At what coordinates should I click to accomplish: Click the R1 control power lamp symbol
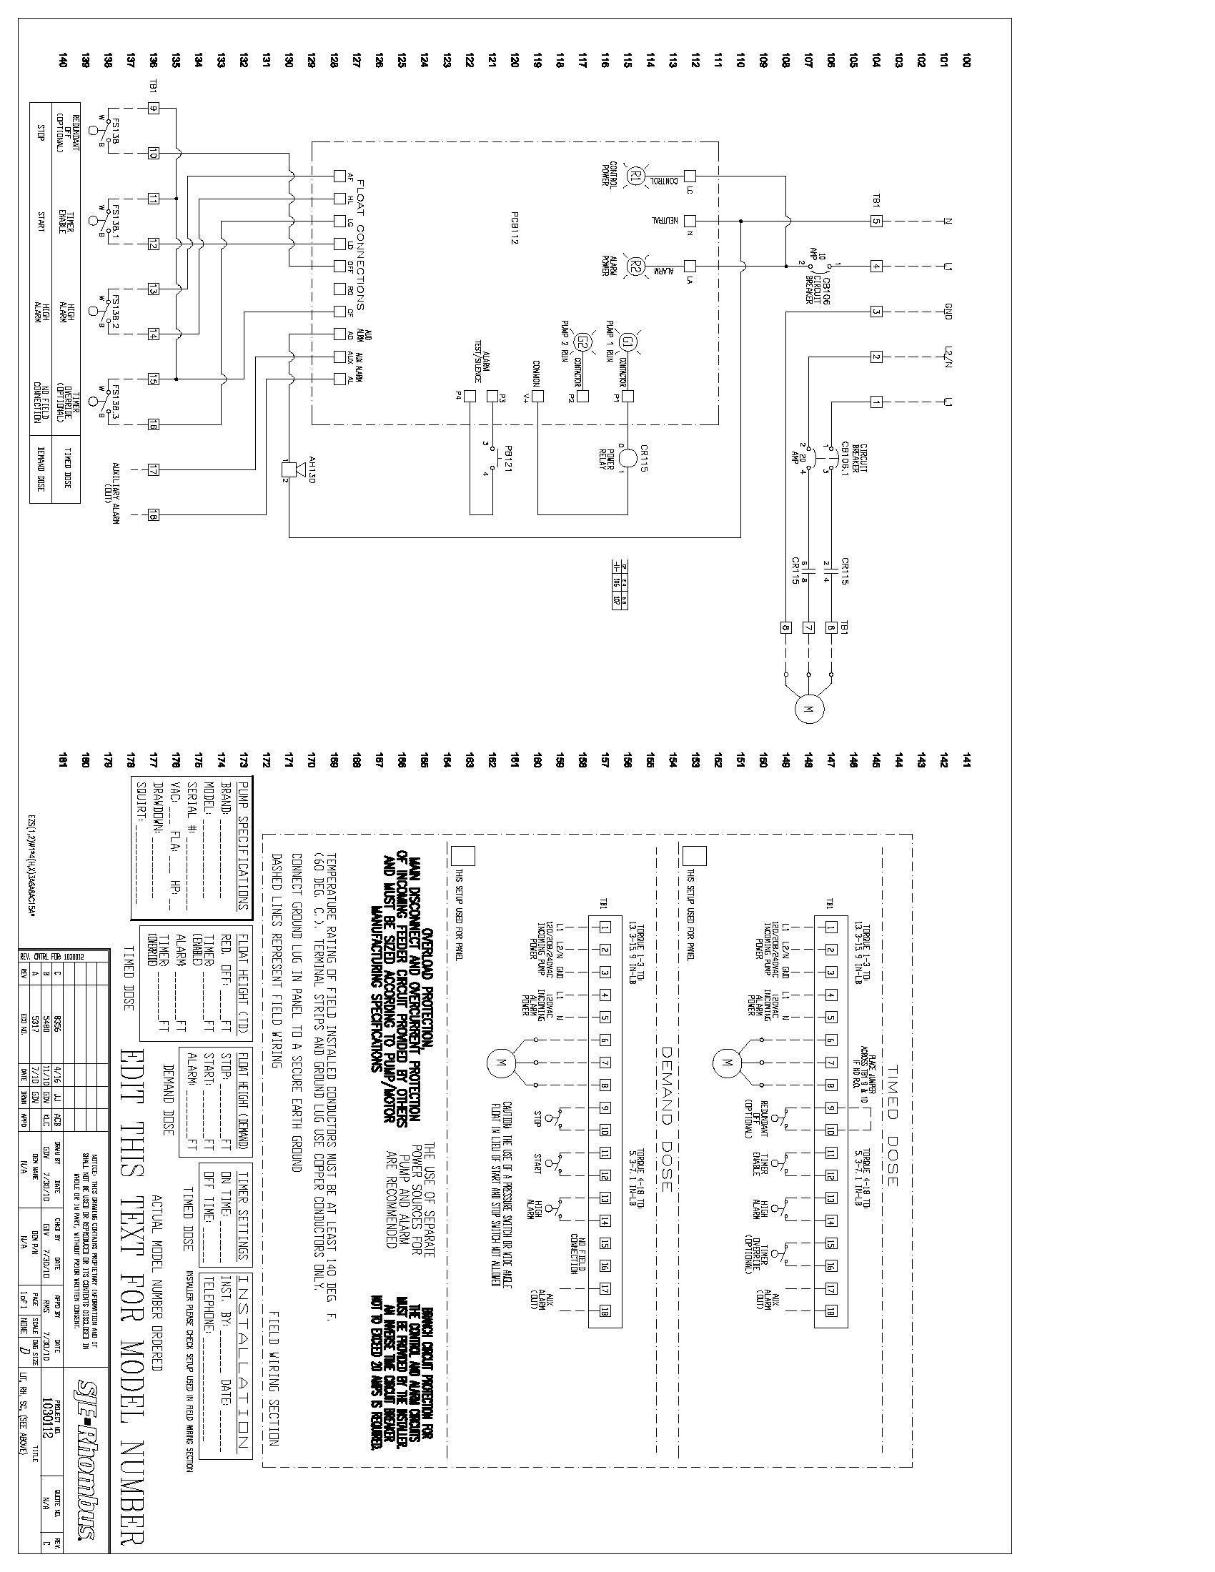635,176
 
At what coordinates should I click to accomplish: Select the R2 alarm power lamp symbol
635,266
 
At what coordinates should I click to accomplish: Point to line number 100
966,61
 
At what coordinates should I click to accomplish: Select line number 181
63,760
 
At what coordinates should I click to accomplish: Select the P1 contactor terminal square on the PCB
628,396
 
